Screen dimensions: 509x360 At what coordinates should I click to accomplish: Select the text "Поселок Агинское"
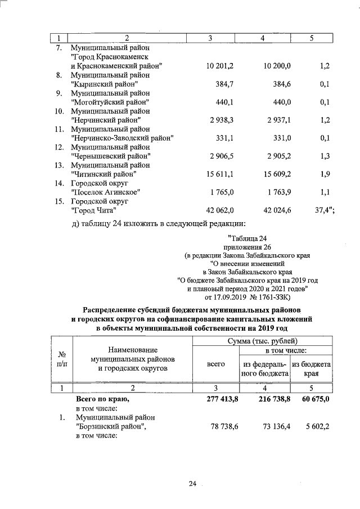[x=105, y=192]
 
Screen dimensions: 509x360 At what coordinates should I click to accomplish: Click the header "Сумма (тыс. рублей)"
[x=263, y=341]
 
